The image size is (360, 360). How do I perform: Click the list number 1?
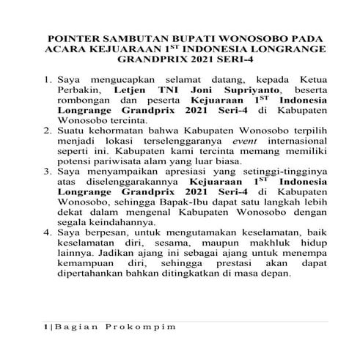click(48, 77)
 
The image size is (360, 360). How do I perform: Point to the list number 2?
click(48, 131)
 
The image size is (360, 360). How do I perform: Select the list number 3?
click(48, 173)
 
